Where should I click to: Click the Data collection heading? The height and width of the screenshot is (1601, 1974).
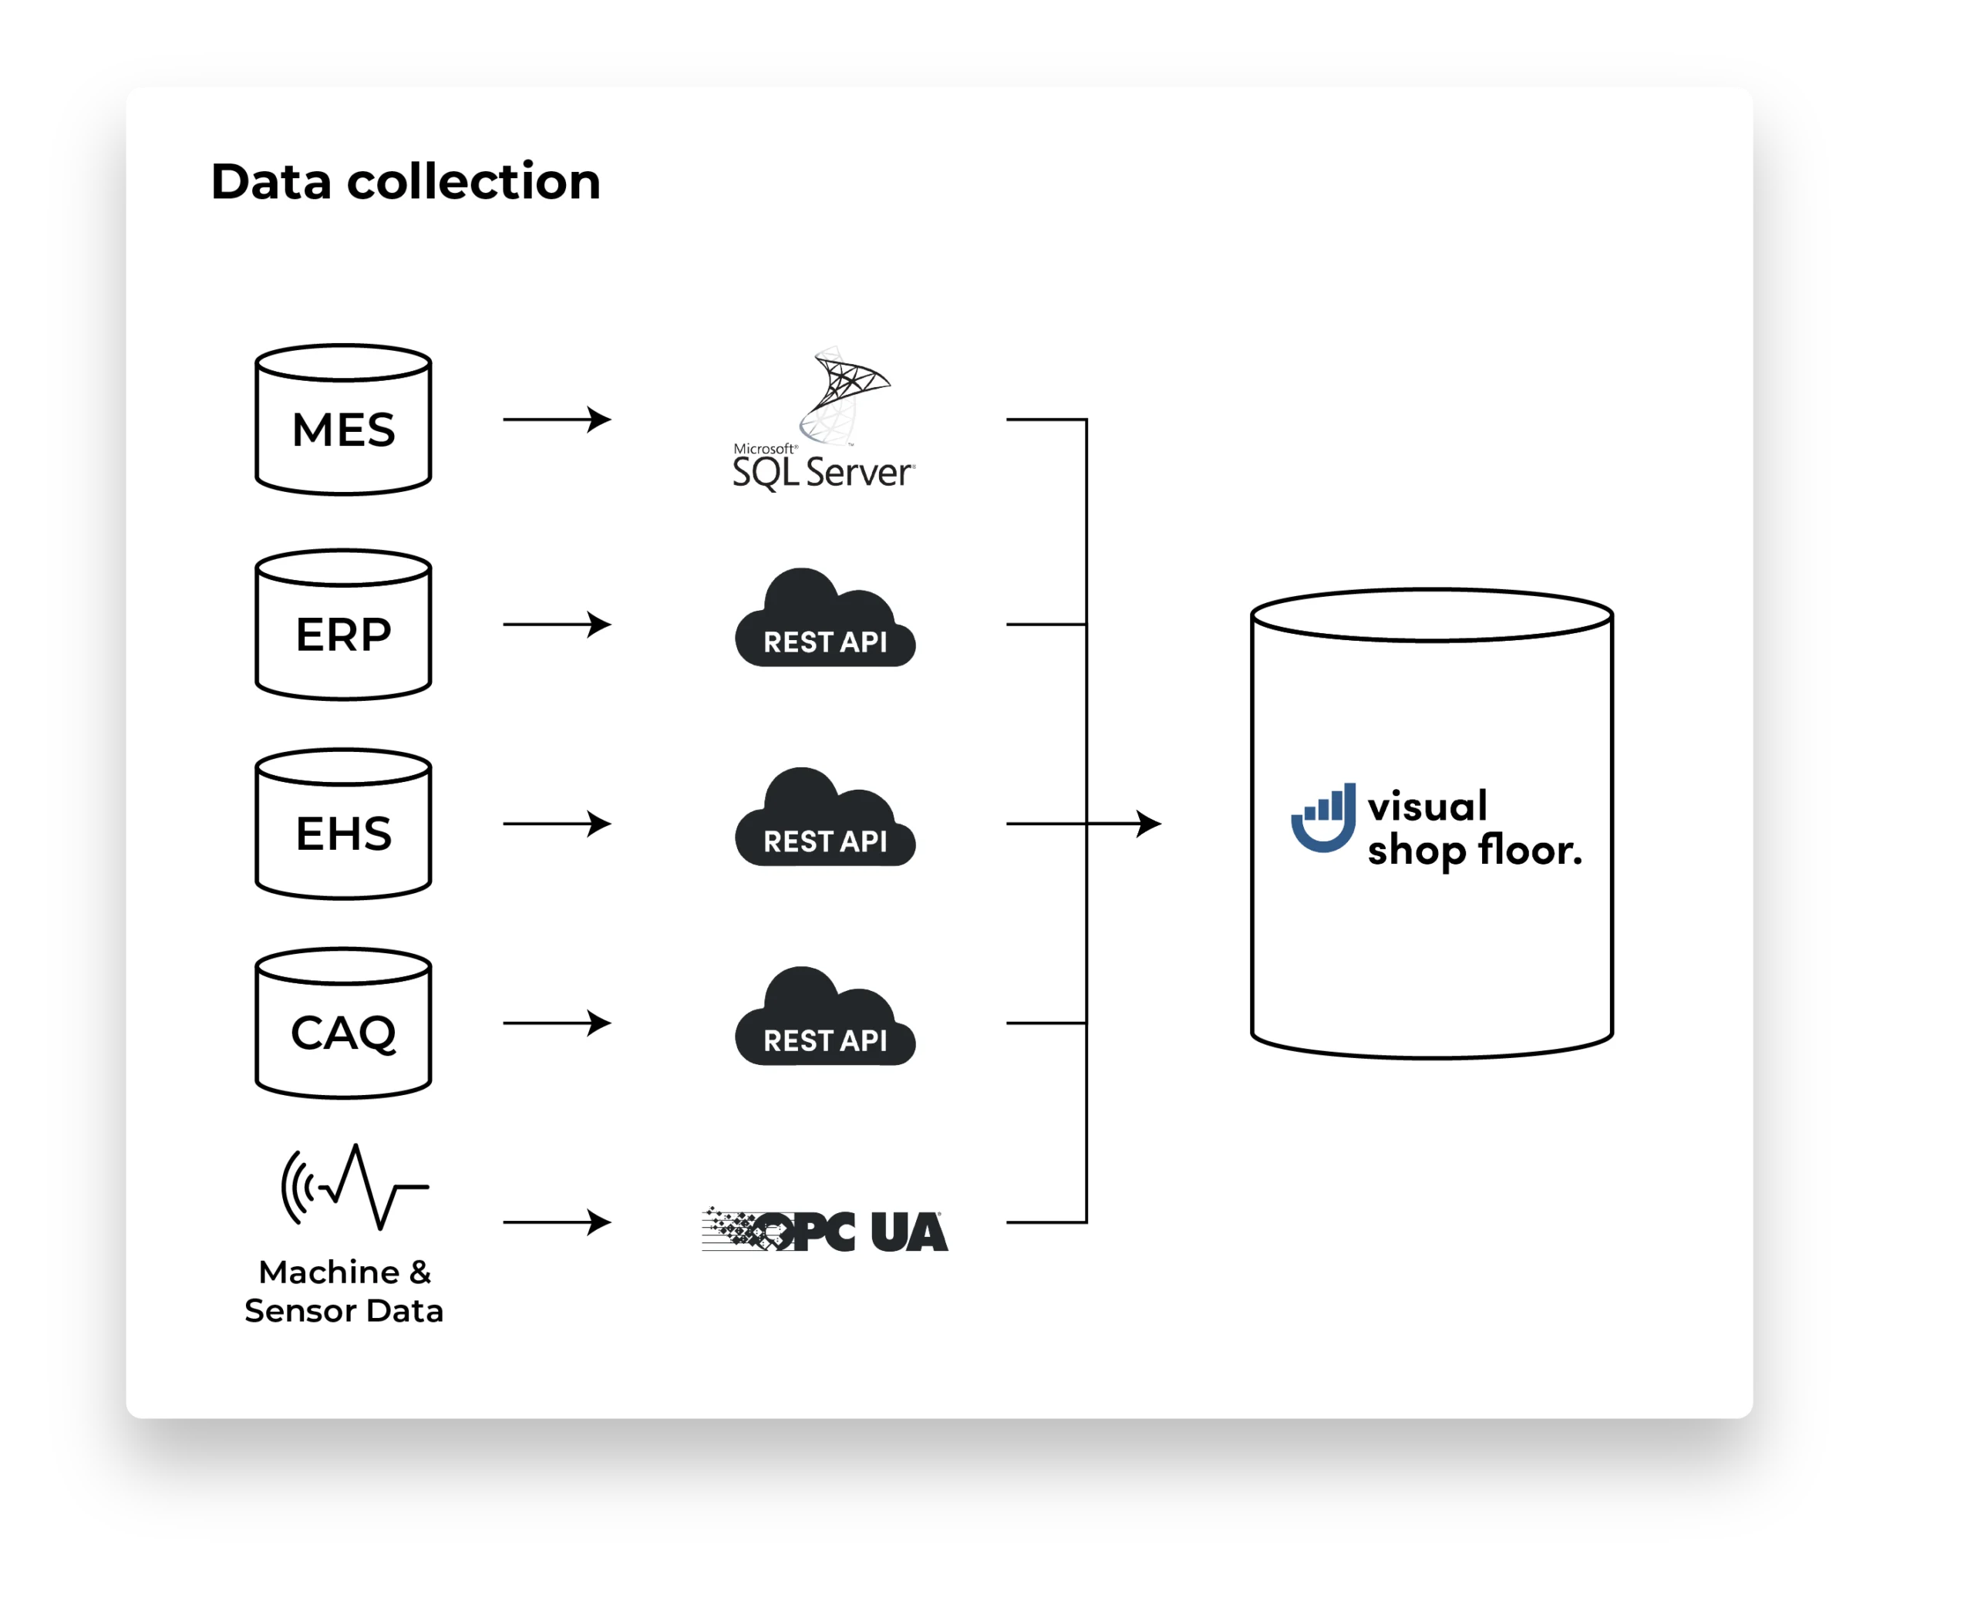[405, 182]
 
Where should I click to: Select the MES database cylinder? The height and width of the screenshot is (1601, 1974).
[343, 420]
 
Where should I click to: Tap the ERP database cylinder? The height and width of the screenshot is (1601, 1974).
[343, 625]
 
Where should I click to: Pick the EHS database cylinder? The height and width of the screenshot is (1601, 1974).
[343, 824]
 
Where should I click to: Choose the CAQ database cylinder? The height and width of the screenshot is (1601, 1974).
[343, 1023]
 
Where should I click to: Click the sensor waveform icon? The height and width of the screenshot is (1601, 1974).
[354, 1187]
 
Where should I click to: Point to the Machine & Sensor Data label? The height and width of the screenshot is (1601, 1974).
[344, 1291]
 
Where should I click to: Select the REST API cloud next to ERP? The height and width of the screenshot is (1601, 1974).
[824, 620]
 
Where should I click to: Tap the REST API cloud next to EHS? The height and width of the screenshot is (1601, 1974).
[824, 819]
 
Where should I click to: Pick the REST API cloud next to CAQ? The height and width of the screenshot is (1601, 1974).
[824, 1018]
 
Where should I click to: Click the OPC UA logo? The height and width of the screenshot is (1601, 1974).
[824, 1230]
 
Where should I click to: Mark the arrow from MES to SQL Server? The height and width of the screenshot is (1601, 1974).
[557, 420]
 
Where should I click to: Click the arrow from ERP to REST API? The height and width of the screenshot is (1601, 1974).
[557, 625]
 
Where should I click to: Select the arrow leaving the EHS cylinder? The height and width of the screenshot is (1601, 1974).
[557, 824]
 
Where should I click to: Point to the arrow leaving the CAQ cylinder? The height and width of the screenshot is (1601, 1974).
[557, 1023]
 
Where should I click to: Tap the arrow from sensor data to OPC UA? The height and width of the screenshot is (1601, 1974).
[557, 1222]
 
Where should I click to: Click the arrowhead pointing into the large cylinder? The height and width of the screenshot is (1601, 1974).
[1149, 824]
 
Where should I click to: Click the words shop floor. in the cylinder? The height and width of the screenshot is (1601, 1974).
[1474, 851]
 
